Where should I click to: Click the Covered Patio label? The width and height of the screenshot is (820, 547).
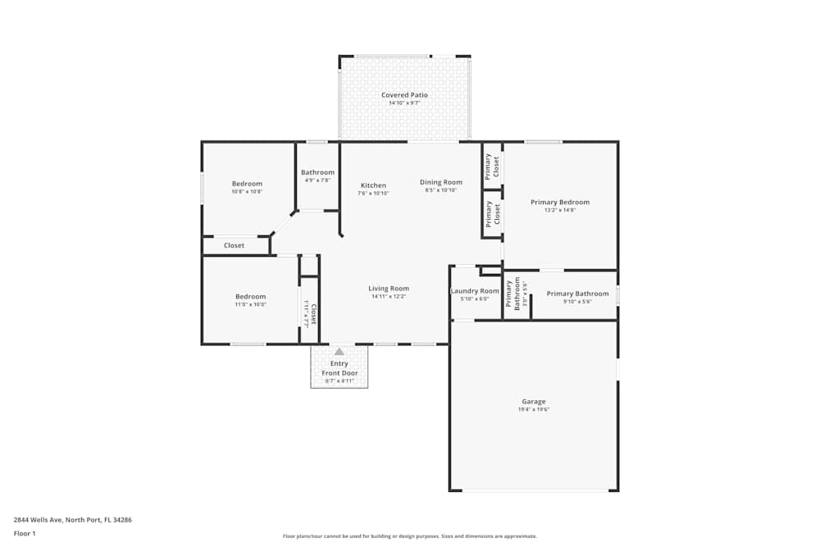pos(404,95)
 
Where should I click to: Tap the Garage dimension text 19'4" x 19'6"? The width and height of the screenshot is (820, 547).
pos(533,409)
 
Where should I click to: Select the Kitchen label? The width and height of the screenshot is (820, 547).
pos(373,185)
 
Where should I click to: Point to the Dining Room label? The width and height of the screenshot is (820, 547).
pos(441,182)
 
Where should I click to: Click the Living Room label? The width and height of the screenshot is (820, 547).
pos(389,289)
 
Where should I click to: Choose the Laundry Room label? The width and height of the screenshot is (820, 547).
pos(475,291)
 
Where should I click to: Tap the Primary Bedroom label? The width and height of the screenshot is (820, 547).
pos(559,202)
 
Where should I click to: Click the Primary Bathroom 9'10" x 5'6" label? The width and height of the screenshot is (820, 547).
pos(577,294)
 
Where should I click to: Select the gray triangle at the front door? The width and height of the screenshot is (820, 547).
pos(339,352)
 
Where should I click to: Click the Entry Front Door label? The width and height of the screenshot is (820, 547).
pos(339,368)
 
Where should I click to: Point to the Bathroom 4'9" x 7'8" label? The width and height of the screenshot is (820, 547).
pos(317,172)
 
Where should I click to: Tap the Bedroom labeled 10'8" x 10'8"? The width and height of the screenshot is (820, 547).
pos(247,184)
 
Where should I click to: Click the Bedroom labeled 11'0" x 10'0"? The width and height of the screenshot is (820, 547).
pos(250,297)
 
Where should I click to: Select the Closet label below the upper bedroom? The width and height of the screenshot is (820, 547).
pos(234,245)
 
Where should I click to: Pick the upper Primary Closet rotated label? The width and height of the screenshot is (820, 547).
pos(492,166)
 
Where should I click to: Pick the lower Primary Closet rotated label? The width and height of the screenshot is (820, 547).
pos(493,214)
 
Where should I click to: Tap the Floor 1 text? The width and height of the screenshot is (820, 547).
pos(25,533)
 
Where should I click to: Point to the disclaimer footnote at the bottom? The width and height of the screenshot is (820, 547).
pos(410,536)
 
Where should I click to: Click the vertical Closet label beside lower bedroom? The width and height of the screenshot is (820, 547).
pos(310,312)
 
